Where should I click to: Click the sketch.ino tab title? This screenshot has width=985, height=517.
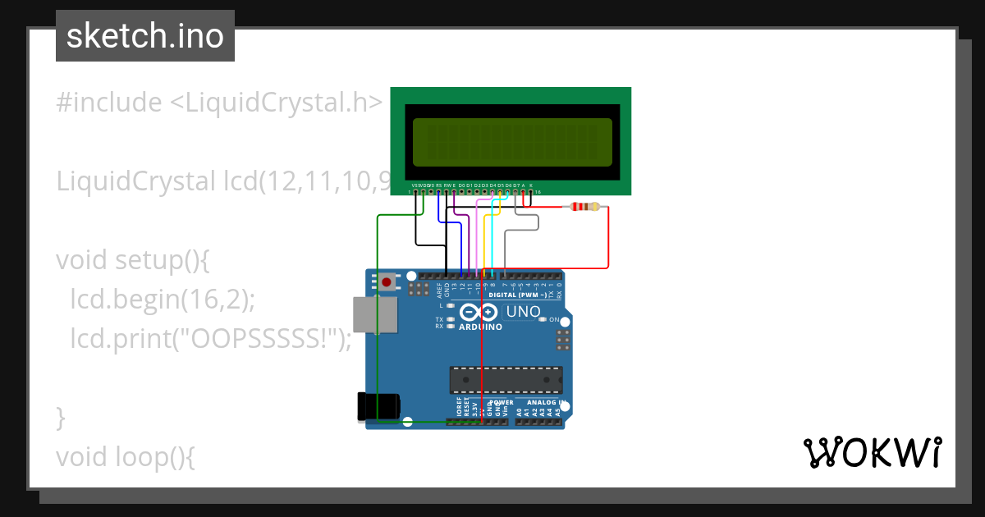pyautogui.click(x=144, y=36)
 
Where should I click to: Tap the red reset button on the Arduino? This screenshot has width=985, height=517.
pyautogui.click(x=387, y=282)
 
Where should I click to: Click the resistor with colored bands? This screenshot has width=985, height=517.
pyautogui.click(x=584, y=208)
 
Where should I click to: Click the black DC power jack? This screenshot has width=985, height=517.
pyautogui.click(x=378, y=407)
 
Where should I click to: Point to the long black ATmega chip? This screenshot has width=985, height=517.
pyautogui.click(x=506, y=381)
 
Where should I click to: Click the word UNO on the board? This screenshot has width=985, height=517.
pyautogui.click(x=524, y=312)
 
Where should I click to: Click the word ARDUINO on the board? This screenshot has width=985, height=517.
pyautogui.click(x=480, y=327)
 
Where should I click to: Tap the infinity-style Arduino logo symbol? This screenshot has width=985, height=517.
pyautogui.click(x=479, y=312)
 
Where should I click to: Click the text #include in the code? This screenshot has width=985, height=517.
pyautogui.click(x=108, y=103)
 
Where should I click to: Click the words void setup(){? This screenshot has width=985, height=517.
pyautogui.click(x=134, y=260)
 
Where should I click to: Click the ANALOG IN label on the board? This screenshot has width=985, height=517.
pyautogui.click(x=545, y=403)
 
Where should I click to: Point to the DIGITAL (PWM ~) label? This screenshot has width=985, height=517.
pyautogui.click(x=523, y=295)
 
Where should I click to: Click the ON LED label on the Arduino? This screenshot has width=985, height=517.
pyautogui.click(x=554, y=319)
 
